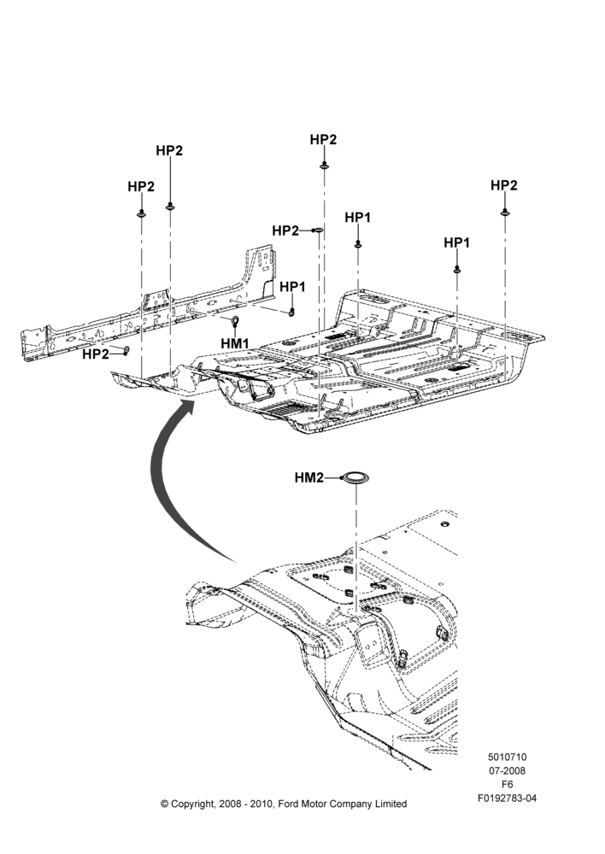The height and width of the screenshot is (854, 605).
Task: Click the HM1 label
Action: (235, 343)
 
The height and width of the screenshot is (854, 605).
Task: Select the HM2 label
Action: (309, 477)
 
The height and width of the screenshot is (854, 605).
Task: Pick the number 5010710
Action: (507, 757)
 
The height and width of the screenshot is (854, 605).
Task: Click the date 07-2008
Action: (507, 770)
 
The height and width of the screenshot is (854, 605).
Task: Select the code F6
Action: (507, 785)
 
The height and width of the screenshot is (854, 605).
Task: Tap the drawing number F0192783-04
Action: (507, 798)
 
